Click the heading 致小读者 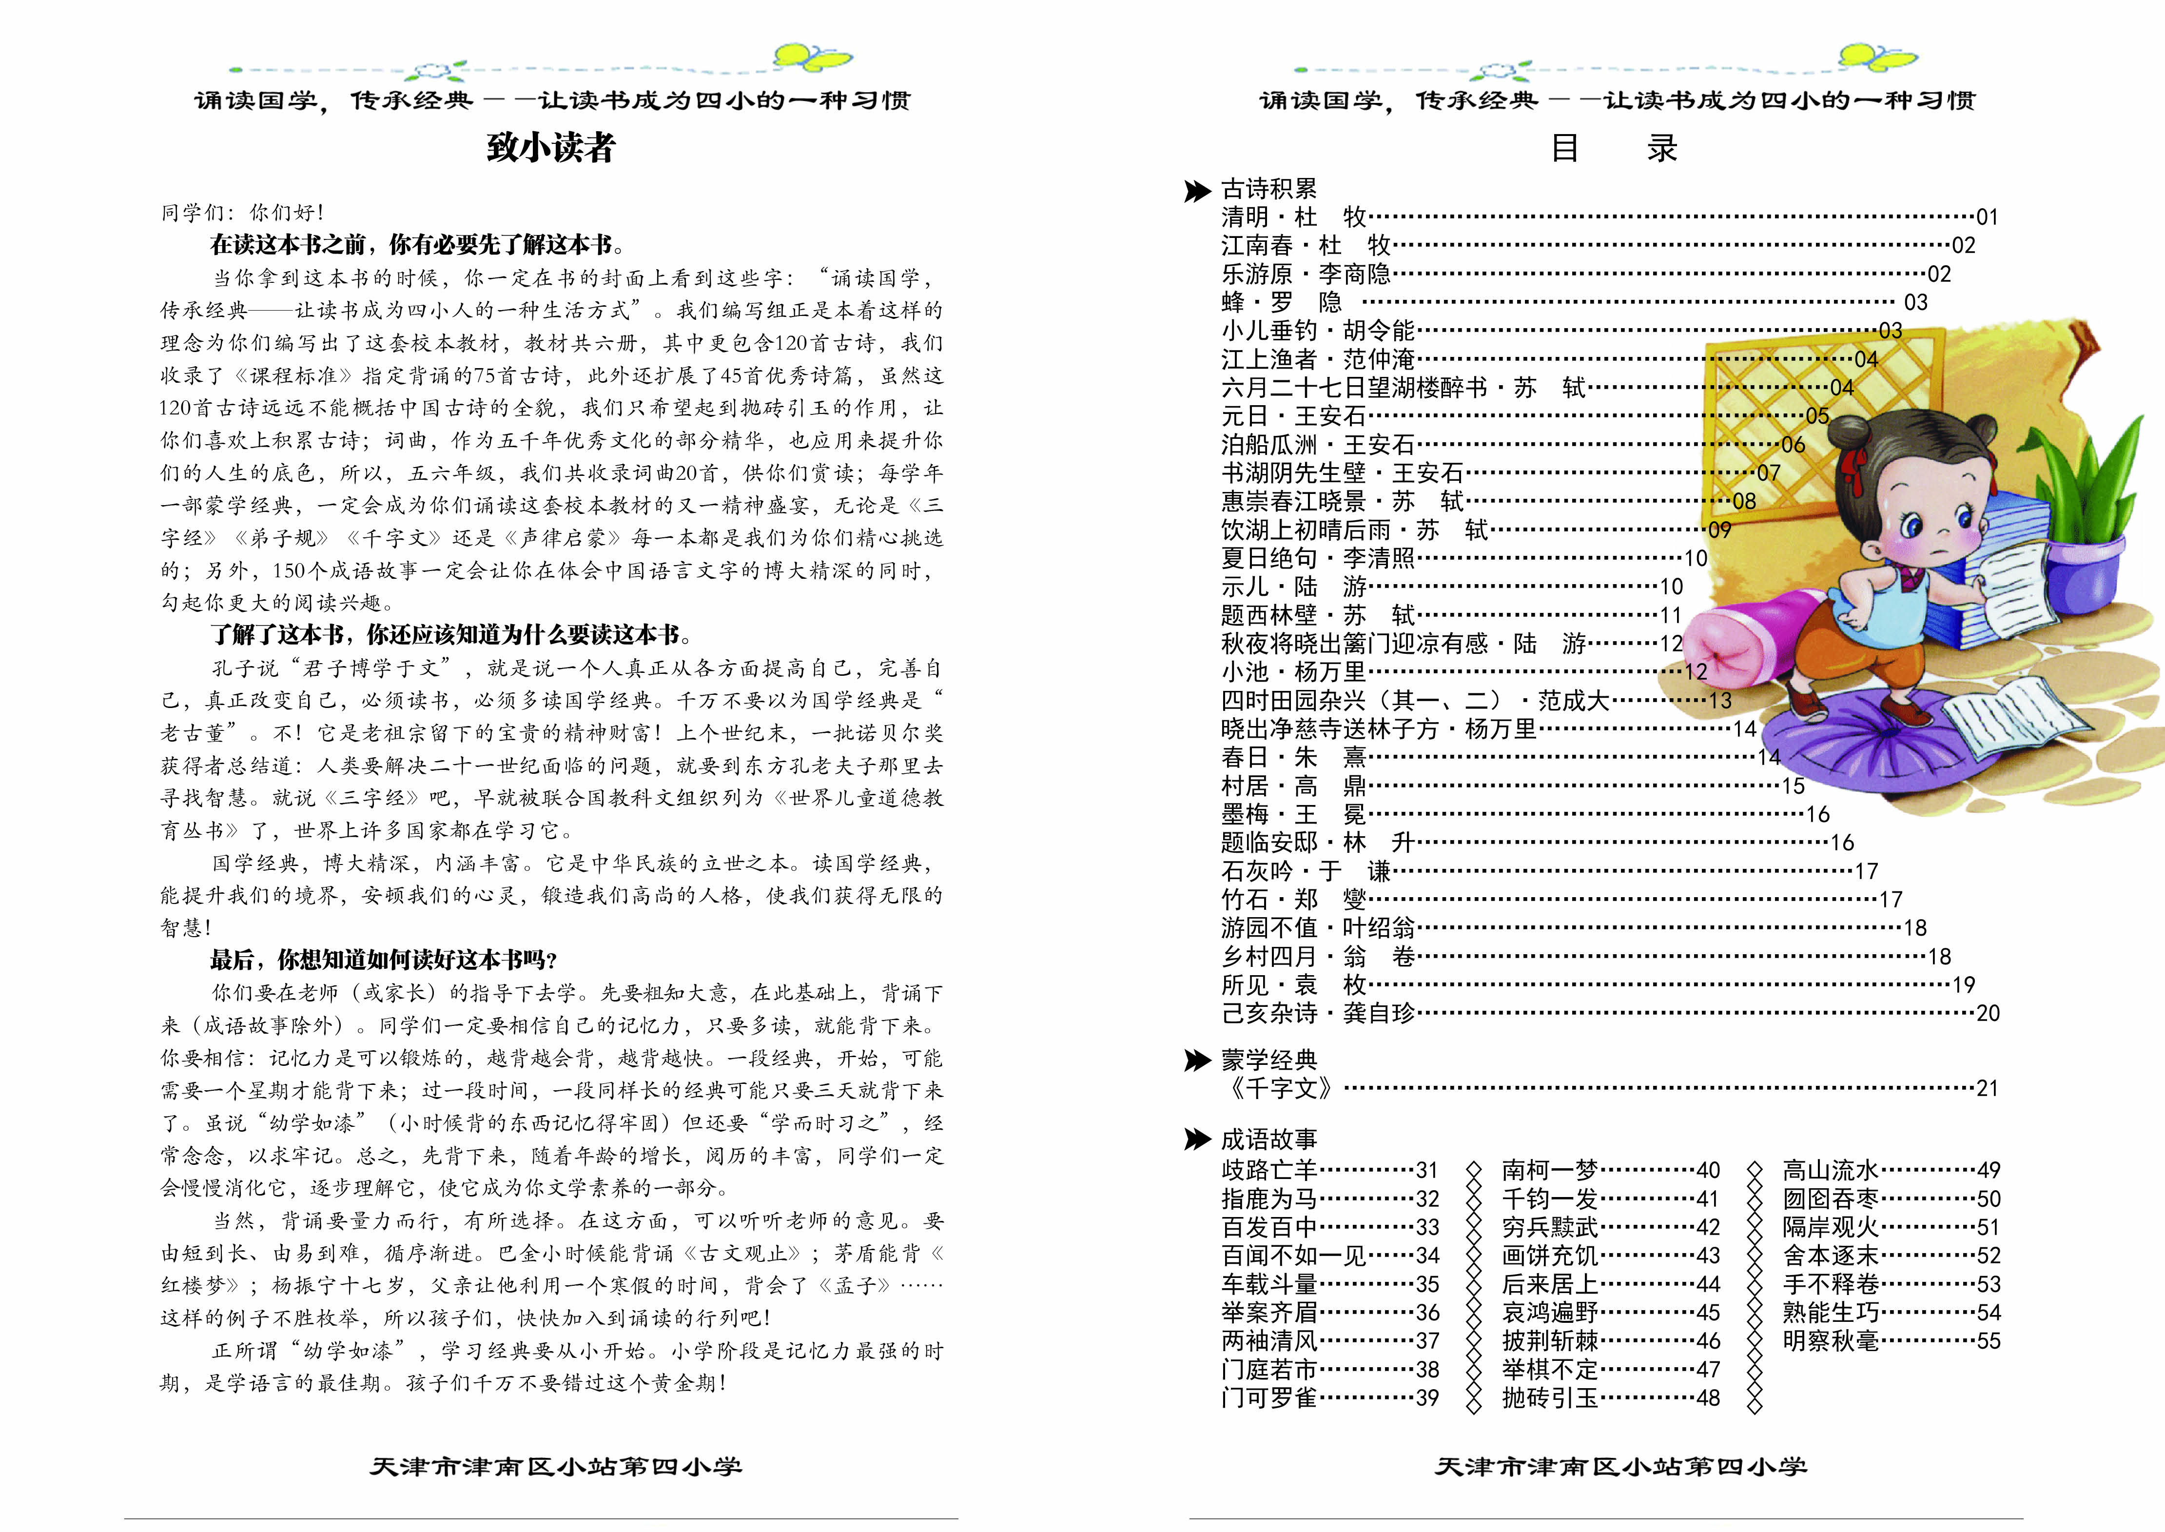[551, 148]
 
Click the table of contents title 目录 [1613, 148]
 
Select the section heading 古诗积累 [1268, 189]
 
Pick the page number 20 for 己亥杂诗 [1988, 1013]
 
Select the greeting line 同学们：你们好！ [242, 212]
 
